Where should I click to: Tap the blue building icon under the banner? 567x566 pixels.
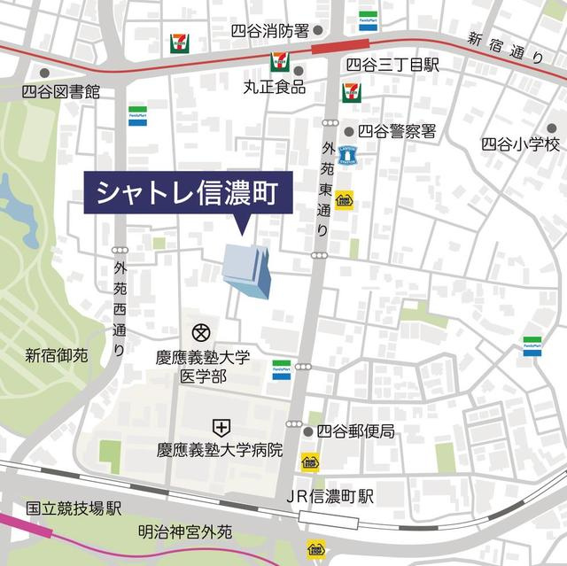[x=247, y=269]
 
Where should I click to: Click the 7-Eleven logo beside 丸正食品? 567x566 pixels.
[x=278, y=63]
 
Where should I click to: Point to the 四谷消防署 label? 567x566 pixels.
[x=269, y=31]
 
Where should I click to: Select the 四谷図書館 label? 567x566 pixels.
[x=61, y=91]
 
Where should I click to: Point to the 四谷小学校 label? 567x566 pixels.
[x=521, y=143]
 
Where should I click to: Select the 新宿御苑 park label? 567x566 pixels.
[x=56, y=355]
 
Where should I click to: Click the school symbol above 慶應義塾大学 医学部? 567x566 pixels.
[x=200, y=334]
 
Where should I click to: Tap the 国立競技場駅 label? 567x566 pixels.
[x=73, y=508]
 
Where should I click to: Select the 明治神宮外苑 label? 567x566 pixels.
[x=185, y=532]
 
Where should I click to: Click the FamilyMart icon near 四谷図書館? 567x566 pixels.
[x=137, y=116]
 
